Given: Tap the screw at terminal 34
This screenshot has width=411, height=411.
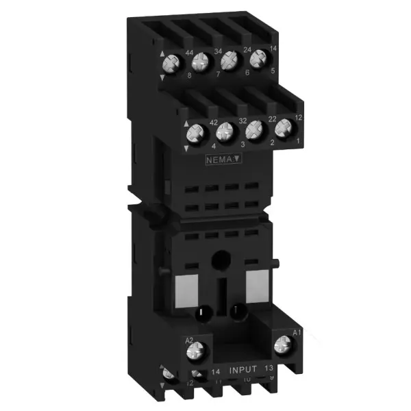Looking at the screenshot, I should (201, 64).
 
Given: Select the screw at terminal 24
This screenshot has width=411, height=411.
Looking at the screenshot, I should (230, 59).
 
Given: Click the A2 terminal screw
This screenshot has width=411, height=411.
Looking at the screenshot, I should (195, 353).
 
